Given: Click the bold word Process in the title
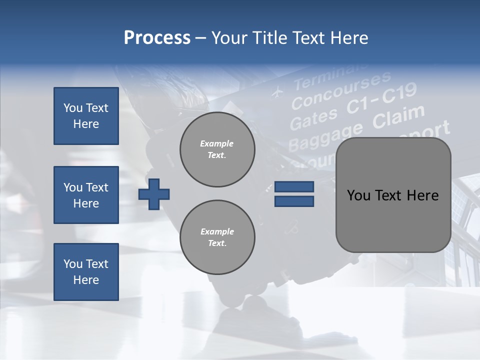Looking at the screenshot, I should [157, 38].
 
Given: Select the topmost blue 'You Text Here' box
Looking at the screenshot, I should [86, 116].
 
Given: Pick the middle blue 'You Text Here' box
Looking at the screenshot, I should [86, 195].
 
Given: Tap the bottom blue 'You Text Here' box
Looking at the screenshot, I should [86, 271].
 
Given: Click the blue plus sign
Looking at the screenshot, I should [154, 193].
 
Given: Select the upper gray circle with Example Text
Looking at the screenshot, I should [217, 149].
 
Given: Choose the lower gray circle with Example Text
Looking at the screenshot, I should [217, 237].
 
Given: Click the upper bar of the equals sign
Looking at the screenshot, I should [294, 187].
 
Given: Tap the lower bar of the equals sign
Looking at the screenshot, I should [294, 201].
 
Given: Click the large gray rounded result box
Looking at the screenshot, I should [393, 195].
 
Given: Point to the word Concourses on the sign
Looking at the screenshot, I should [341, 90].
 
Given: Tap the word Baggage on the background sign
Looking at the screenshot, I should [325, 135].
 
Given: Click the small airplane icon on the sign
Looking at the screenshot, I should [276, 92].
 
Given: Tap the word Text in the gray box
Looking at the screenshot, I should [390, 195].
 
